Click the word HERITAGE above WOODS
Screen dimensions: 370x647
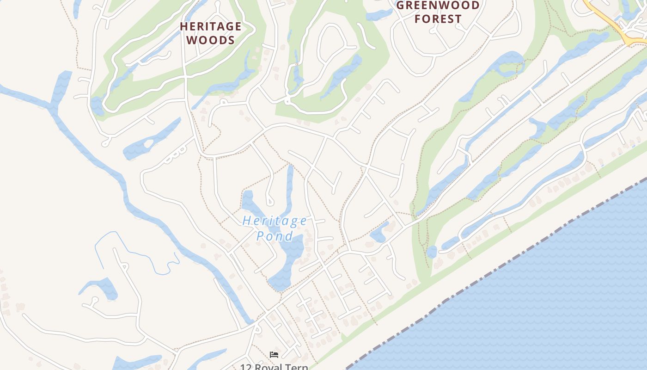(x=211, y=26)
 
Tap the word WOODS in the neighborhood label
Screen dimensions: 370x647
(x=211, y=40)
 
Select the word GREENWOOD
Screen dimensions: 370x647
(x=438, y=6)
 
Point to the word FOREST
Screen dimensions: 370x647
(x=438, y=19)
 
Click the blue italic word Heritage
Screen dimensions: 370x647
(x=275, y=221)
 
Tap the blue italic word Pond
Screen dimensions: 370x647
(x=275, y=236)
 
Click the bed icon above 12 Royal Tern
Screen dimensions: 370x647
(x=274, y=355)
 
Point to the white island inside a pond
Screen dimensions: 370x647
(x=148, y=144)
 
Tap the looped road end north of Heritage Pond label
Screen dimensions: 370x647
(x=269, y=201)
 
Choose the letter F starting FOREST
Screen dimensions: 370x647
(x=419, y=19)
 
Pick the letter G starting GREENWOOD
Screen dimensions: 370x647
(x=401, y=6)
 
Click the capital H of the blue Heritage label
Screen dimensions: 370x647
(x=246, y=221)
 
